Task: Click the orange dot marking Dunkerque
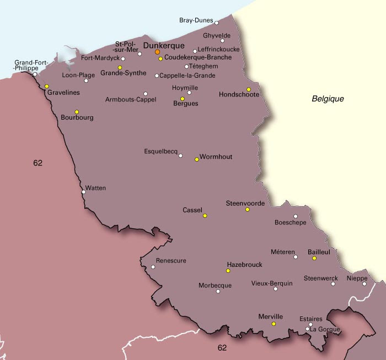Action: pos(157,52)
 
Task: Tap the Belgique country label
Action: pos(328,99)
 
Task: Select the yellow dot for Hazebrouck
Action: pos(228,271)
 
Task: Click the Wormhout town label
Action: pos(216,157)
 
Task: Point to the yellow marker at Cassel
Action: pos(205,216)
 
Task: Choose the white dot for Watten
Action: pos(83,192)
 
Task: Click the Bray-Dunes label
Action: pos(196,21)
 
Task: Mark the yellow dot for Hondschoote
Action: pos(249,89)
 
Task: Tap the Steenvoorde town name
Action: pos(245,203)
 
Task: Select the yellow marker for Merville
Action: pos(274,324)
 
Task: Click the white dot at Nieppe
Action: pos(364,284)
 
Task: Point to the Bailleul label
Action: pos(319,252)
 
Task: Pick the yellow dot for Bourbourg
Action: pos(77,112)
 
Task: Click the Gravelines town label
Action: pos(63,93)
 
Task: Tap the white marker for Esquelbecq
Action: pos(180,155)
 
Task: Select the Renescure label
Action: pos(171,261)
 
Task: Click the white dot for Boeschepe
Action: pos(296,216)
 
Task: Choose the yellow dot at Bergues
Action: pos(183,99)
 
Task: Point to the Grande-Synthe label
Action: pos(124,73)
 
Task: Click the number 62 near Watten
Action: pos(37,163)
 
